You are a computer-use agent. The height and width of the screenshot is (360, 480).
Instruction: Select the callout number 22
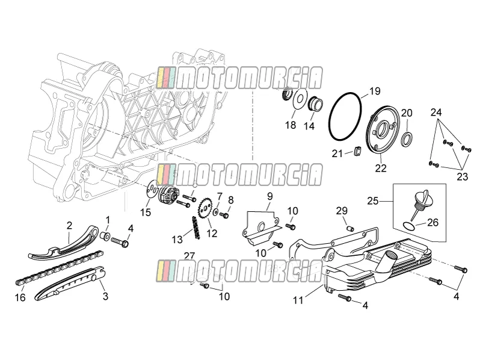click(381, 168)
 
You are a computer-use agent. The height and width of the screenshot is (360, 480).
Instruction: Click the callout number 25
click(373, 201)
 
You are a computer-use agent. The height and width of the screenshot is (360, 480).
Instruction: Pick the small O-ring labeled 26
click(409, 226)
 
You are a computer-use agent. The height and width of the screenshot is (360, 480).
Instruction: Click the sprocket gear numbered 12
click(205, 209)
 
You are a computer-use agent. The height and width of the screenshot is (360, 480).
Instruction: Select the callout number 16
click(20, 297)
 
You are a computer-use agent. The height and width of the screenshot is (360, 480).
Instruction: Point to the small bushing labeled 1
click(106, 236)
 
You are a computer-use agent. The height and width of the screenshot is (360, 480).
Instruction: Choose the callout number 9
click(269, 196)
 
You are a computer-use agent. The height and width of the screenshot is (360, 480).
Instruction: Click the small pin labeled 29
click(350, 228)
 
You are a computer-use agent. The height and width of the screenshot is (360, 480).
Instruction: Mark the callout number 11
click(298, 300)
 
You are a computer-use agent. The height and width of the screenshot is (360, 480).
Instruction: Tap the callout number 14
click(309, 125)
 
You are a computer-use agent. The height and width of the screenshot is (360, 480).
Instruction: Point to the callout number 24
click(436, 113)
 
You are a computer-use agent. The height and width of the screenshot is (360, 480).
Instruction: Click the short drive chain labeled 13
click(195, 228)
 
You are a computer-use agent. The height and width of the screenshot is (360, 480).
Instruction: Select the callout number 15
click(146, 212)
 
